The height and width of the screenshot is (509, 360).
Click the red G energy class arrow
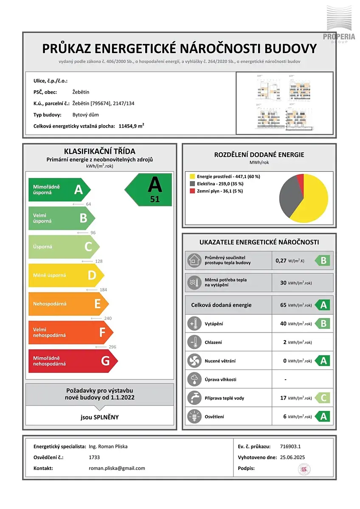(x=72, y=361)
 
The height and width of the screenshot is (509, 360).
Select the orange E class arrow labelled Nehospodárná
(x=68, y=304)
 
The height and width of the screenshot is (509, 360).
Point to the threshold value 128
(x=99, y=261)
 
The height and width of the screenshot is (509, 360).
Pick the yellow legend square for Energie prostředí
(x=192, y=176)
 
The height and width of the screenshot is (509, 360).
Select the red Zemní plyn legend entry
(x=214, y=191)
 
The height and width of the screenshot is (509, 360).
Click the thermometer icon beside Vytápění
(x=194, y=324)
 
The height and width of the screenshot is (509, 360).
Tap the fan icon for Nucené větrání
(x=194, y=361)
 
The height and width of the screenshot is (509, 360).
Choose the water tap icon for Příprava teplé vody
(x=194, y=398)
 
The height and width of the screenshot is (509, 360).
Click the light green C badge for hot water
(x=323, y=398)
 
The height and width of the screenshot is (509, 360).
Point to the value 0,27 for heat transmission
(x=281, y=260)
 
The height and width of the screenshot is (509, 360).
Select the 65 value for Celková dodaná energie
(x=283, y=305)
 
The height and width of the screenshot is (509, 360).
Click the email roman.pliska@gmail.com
(x=117, y=468)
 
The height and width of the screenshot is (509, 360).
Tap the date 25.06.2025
(x=292, y=457)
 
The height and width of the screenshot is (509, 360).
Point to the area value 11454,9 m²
(x=131, y=126)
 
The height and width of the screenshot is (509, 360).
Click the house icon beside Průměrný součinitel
(x=194, y=260)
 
